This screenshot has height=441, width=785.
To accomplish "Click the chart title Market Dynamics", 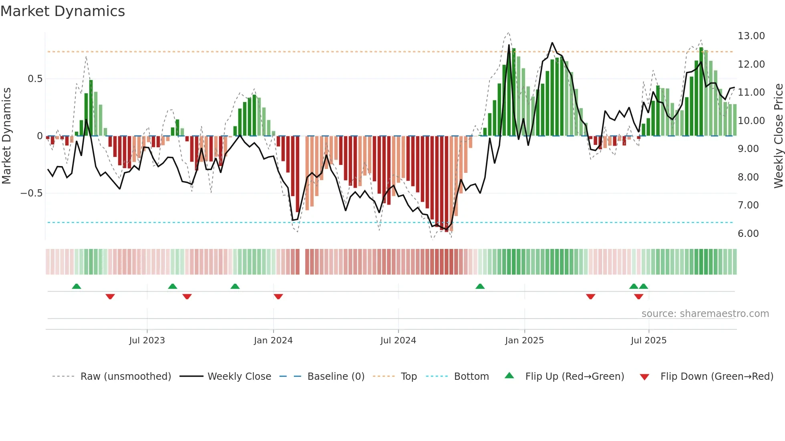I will pyautogui.click(x=63, y=11).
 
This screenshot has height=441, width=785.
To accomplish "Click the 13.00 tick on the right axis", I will pyautogui.click(x=751, y=36).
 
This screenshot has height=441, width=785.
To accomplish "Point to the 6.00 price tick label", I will pyautogui.click(x=748, y=234).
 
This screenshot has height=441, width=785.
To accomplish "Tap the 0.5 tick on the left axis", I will pyautogui.click(x=35, y=79).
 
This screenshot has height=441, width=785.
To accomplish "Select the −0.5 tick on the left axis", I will pyautogui.click(x=31, y=193).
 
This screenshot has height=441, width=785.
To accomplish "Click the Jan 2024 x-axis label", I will pyautogui.click(x=273, y=341).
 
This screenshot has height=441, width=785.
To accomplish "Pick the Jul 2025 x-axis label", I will pyautogui.click(x=648, y=341).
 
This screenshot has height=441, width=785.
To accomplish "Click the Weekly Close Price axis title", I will pyautogui.click(x=778, y=136).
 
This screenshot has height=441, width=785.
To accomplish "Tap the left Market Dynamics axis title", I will pyautogui.click(x=6, y=136).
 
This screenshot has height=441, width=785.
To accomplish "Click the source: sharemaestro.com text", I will pyautogui.click(x=705, y=314).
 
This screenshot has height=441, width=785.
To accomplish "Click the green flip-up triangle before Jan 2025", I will pyautogui.click(x=480, y=286).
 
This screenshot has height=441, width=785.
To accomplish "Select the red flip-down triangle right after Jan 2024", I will pyautogui.click(x=278, y=297).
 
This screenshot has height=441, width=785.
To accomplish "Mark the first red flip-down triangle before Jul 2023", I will pyautogui.click(x=110, y=297).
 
